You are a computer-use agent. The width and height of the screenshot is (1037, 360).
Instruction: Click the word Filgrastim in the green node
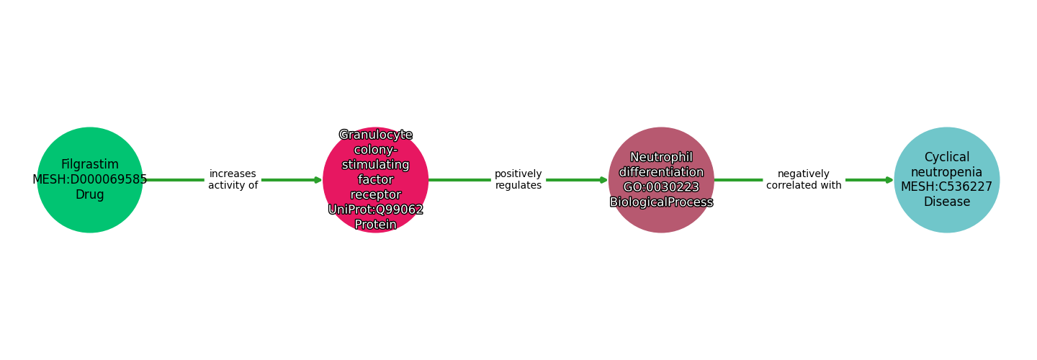click(90, 164)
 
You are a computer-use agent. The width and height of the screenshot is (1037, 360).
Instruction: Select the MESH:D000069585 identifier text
click(90, 179)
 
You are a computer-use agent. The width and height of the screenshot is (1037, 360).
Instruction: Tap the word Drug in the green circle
click(90, 194)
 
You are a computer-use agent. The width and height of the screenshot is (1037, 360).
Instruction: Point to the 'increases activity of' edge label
click(233, 179)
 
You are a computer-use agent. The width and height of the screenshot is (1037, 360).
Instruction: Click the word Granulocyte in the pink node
click(375, 135)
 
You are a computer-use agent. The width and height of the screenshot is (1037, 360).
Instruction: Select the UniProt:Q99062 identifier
click(375, 210)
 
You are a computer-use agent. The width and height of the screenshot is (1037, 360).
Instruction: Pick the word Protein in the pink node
click(375, 225)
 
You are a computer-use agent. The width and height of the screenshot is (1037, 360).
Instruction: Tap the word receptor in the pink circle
click(375, 194)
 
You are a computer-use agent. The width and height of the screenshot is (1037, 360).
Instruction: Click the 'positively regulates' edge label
click(518, 179)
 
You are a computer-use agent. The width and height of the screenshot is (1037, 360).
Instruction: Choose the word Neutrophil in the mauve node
click(661, 157)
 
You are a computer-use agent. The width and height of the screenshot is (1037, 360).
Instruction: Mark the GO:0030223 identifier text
click(661, 187)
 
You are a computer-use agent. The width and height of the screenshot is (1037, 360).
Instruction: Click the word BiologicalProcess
click(661, 202)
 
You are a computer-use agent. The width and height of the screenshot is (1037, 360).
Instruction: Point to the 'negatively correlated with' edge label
click(804, 179)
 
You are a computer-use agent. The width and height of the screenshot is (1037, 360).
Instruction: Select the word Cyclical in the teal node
click(946, 157)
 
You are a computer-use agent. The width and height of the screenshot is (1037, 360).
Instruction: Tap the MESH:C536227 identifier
click(946, 186)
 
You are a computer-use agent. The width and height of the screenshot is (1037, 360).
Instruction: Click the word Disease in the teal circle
click(946, 202)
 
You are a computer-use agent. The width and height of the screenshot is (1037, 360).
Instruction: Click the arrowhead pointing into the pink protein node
click(318, 180)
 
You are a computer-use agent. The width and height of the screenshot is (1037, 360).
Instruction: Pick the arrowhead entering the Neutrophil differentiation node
click(603, 180)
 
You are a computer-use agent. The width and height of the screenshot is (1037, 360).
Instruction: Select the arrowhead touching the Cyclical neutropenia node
click(889, 180)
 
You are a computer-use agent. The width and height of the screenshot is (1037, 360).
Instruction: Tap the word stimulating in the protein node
click(375, 165)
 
